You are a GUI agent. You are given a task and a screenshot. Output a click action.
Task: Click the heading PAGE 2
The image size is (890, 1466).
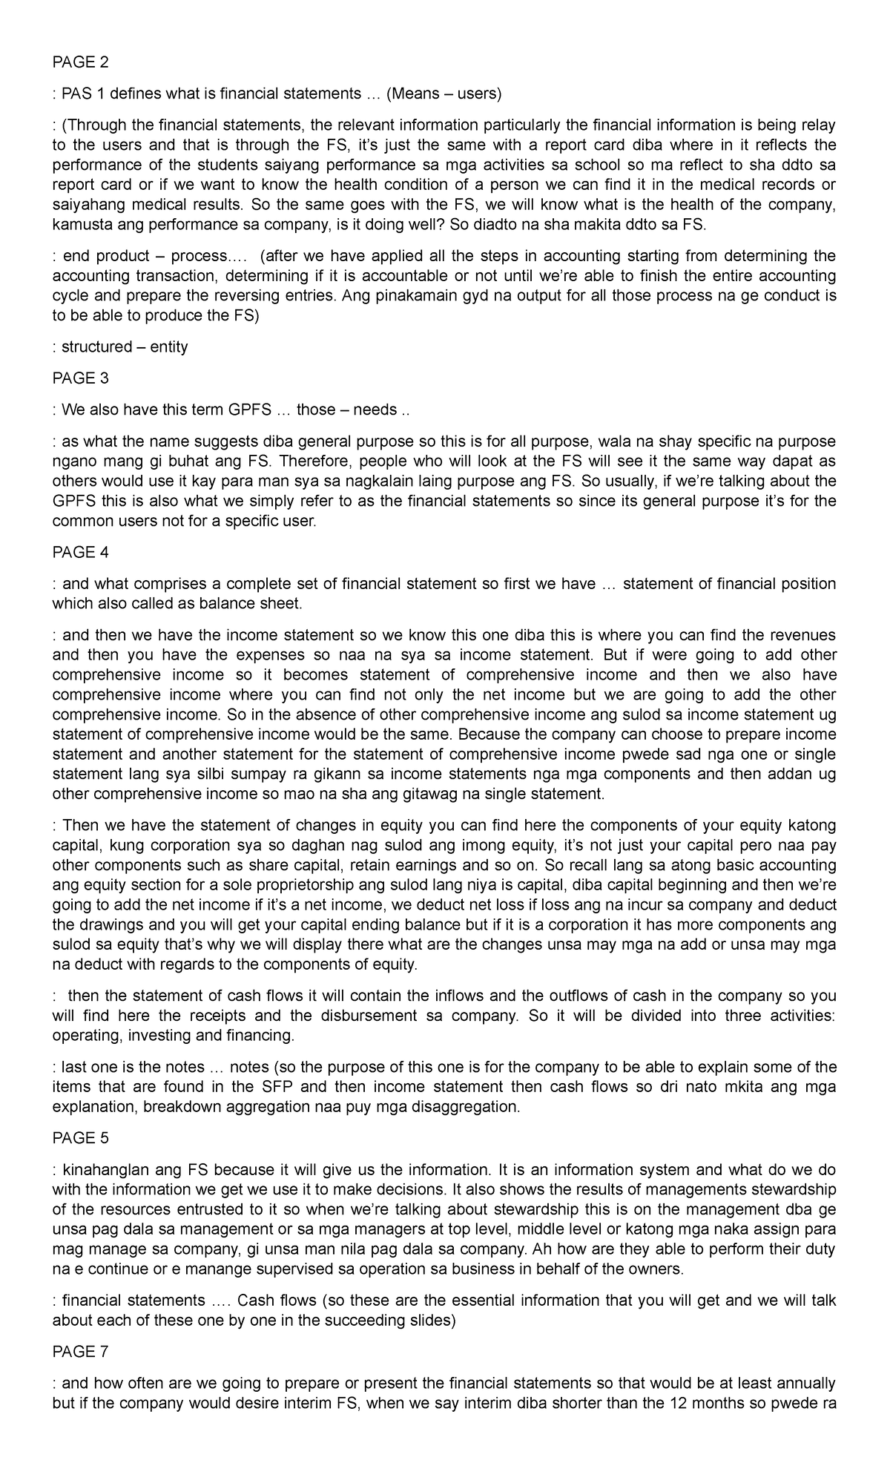point(80,62)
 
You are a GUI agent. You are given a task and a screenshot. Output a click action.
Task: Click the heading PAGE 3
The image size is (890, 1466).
point(80,378)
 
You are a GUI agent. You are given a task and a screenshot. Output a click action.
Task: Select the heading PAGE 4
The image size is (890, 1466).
point(80,553)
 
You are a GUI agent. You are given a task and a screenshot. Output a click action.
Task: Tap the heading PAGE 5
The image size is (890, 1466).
point(80,1138)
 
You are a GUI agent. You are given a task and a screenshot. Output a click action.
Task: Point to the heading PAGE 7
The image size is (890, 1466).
point(80,1352)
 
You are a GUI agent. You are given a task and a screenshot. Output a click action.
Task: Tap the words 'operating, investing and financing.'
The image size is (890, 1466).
point(173,1036)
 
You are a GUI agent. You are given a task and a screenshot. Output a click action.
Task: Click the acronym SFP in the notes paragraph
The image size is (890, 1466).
point(301,1087)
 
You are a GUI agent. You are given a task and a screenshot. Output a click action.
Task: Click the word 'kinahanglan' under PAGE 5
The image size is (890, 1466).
point(104,1170)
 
